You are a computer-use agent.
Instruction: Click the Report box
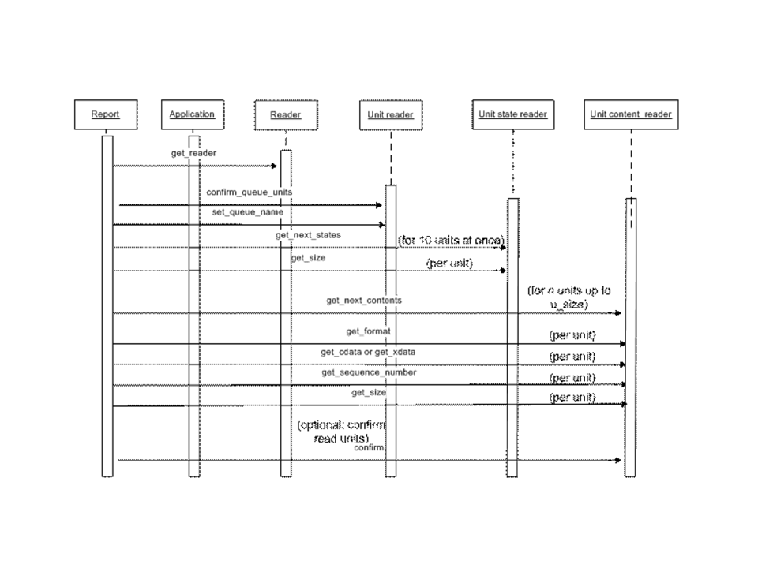(105, 114)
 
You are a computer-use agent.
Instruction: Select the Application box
(192, 114)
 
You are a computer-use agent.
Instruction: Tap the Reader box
(285, 115)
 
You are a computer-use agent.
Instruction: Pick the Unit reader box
(390, 115)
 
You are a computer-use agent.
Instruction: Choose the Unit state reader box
(512, 114)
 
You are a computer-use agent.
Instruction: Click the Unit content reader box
(630, 114)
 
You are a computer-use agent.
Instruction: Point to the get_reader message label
(193, 152)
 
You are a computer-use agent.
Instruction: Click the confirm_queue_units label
(250, 192)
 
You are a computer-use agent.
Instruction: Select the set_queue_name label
(247, 211)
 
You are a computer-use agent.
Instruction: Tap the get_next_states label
(308, 235)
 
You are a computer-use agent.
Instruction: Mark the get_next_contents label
(364, 301)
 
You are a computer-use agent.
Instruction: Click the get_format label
(369, 332)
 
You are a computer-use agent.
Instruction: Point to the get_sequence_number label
(369, 372)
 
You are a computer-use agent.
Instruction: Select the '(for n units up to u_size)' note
(569, 297)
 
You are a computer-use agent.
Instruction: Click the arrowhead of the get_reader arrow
(274, 166)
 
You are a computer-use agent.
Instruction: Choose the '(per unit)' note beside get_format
(572, 335)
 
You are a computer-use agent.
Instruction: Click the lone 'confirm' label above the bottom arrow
(369, 447)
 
